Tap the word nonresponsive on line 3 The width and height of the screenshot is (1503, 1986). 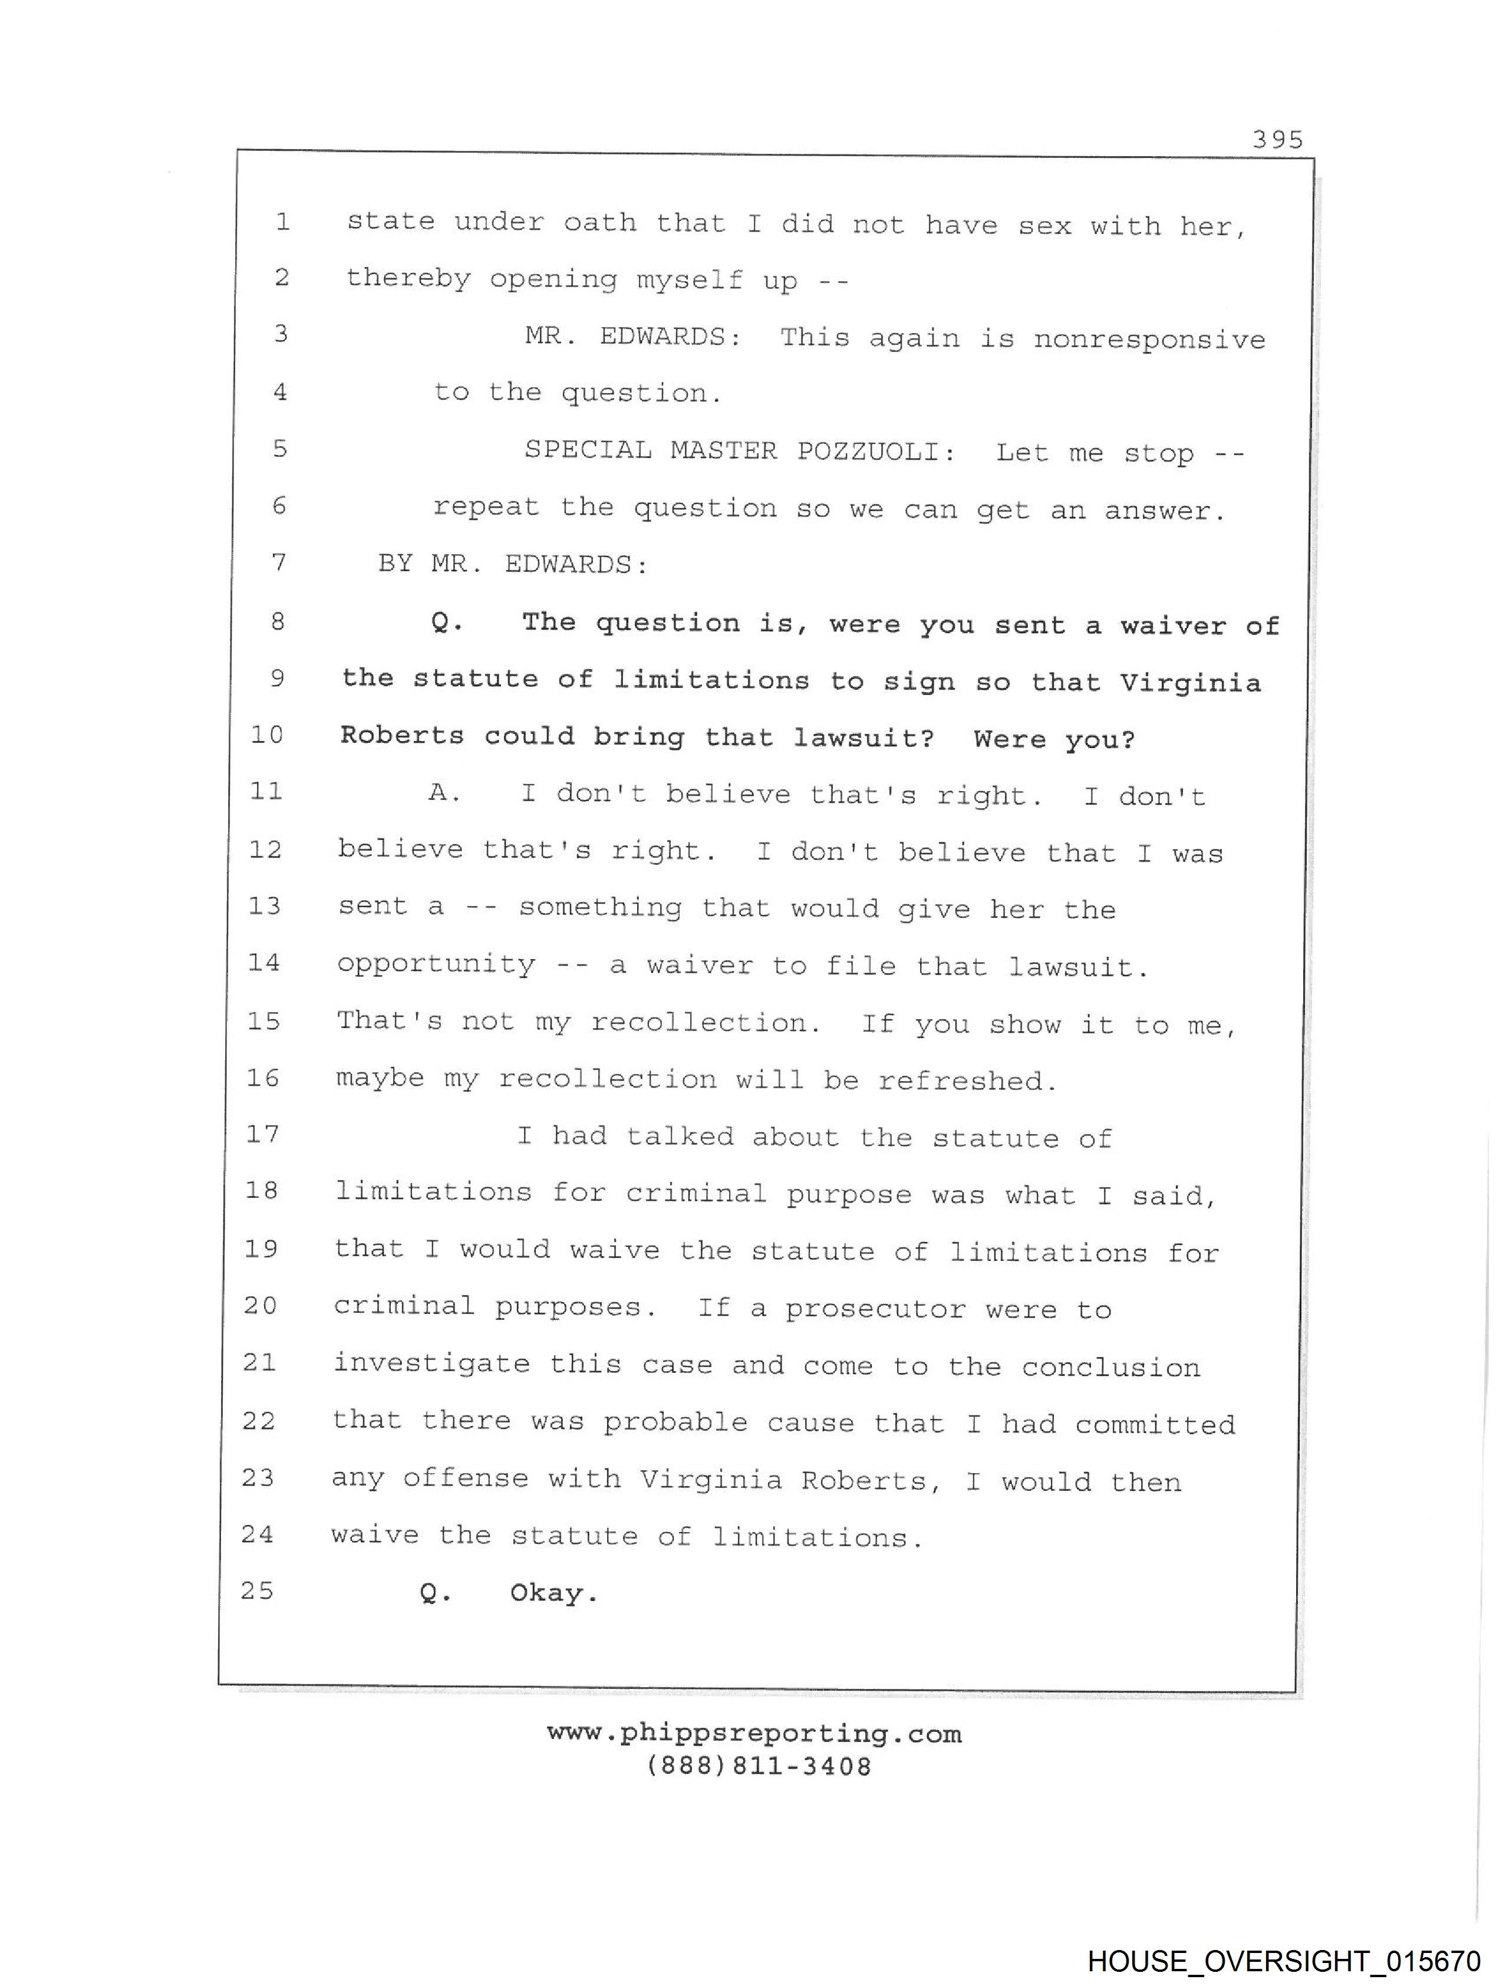(1149, 340)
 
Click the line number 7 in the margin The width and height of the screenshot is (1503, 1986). (279, 563)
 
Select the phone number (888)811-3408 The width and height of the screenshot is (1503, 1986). (758, 1766)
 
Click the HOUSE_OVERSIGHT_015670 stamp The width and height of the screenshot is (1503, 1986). (1283, 1960)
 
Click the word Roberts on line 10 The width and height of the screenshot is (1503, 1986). (402, 736)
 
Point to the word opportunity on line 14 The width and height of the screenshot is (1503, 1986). (436, 965)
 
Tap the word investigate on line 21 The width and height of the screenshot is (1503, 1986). (432, 1365)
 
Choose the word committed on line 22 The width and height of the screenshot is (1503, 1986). (1155, 1424)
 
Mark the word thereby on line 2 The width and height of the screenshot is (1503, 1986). (408, 278)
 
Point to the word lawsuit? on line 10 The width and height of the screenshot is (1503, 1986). (863, 739)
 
